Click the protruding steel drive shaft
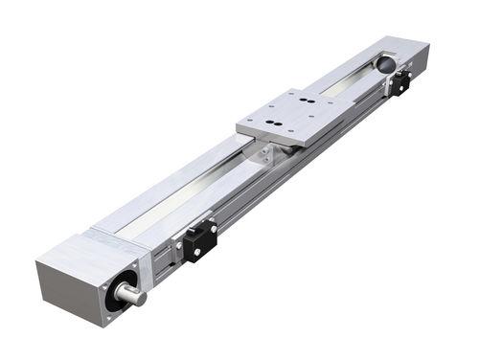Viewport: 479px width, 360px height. point(132,295)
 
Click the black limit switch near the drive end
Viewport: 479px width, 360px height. point(199,241)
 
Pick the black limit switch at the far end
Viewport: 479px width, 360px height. point(399,83)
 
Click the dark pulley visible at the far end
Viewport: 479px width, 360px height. point(385,64)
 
